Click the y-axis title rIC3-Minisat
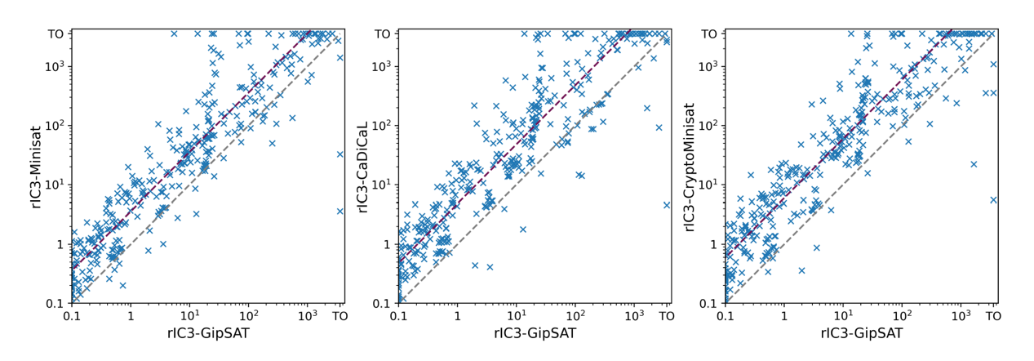pyautogui.click(x=37, y=167)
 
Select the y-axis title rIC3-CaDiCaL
pyautogui.click(x=363, y=167)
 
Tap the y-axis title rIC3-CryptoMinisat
pyautogui.click(x=690, y=167)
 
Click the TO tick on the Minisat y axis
pyautogui.click(x=56, y=34)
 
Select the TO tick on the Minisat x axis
pyautogui.click(x=340, y=314)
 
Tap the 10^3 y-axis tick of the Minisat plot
pyautogui.click(x=55, y=66)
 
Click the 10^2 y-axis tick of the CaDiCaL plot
pyautogui.click(x=381, y=126)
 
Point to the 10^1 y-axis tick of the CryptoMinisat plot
pyautogui.click(x=708, y=185)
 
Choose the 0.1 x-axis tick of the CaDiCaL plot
pyautogui.click(x=398, y=314)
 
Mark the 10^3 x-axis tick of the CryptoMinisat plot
pyautogui.click(x=961, y=314)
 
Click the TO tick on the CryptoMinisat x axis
pyautogui.click(x=993, y=314)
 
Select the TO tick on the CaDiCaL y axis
pyautogui.click(x=383, y=34)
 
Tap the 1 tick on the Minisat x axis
pyautogui.click(x=131, y=314)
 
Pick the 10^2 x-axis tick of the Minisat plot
pyautogui.click(x=248, y=314)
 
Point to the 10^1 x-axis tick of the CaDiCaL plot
pyautogui.click(x=516, y=314)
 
